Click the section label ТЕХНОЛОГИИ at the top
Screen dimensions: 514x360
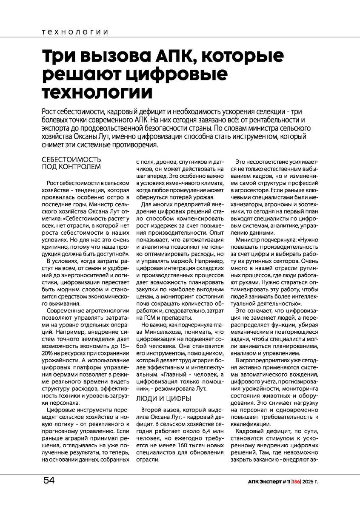click(x=75, y=32)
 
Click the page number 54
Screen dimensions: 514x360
click(x=49, y=480)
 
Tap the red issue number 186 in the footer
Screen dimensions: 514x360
click(x=296, y=481)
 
